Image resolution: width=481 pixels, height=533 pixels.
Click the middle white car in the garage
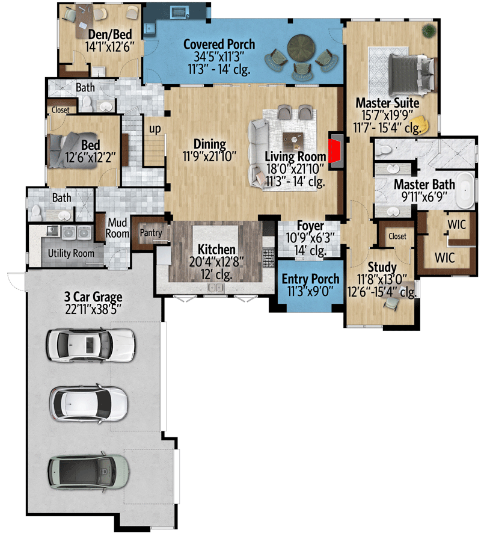coord(89,403)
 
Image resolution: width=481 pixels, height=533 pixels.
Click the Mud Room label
coord(118,228)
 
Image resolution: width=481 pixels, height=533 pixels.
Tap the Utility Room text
coord(71,253)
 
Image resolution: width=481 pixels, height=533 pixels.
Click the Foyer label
coord(310,226)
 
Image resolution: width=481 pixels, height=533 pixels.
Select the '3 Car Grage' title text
coord(93,297)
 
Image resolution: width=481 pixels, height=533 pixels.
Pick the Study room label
coord(382,267)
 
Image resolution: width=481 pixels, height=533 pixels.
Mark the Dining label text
coord(209,144)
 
